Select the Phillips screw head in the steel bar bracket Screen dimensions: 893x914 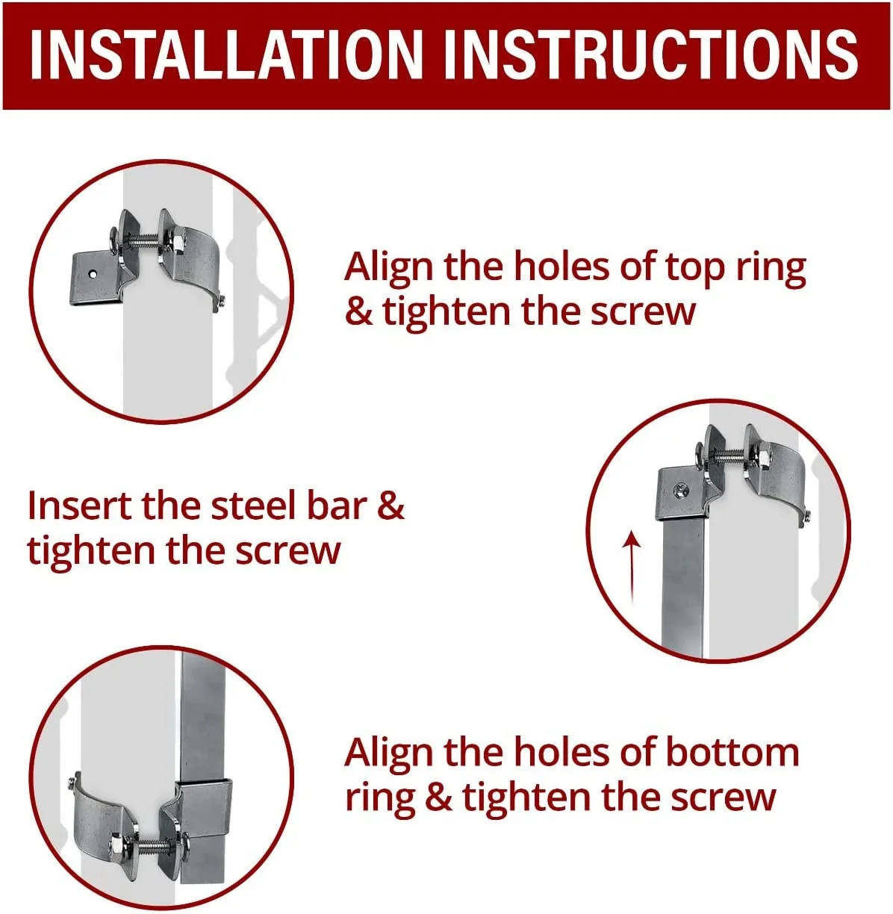[678, 491]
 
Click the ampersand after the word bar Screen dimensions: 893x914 [391, 506]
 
